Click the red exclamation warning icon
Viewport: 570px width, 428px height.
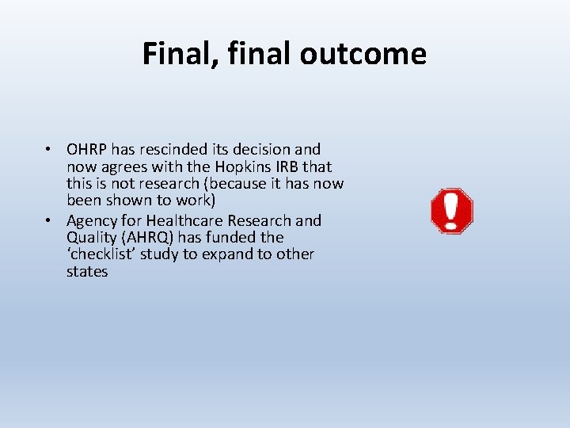pyautogui.click(x=451, y=211)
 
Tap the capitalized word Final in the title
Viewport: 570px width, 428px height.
pyautogui.click(x=173, y=54)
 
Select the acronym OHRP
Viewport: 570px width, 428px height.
pyautogui.click(x=87, y=150)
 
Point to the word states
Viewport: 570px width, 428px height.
pyautogui.click(x=87, y=272)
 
